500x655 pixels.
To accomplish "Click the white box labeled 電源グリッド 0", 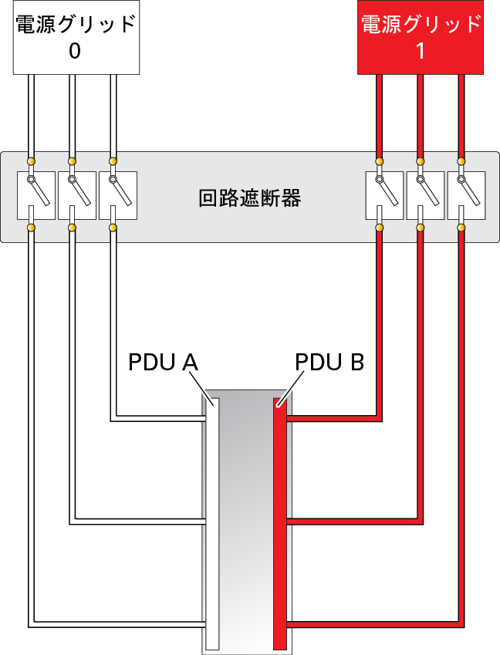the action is pyautogui.click(x=76, y=38).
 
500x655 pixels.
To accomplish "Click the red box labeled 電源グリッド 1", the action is pyautogui.click(x=421, y=38).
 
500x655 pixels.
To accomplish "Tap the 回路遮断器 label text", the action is pyautogui.click(x=249, y=198).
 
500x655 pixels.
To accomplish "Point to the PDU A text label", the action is pyautogui.click(x=163, y=362).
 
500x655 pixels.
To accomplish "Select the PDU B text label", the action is pyautogui.click(x=329, y=362).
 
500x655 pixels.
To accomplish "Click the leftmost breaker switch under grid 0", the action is pyautogui.click(x=36, y=195).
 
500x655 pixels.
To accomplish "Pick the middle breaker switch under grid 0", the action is pyautogui.click(x=77, y=195).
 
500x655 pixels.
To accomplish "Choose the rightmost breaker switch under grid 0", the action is pyautogui.click(x=118, y=195).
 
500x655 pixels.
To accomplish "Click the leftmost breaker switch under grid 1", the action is pyautogui.click(x=384, y=195).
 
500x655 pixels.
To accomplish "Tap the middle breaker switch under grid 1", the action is pyautogui.click(x=425, y=195).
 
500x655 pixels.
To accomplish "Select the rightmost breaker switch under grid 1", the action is pyautogui.click(x=466, y=195).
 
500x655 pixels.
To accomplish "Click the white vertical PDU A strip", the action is pyautogui.click(x=213, y=525).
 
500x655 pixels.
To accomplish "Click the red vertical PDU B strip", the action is pyautogui.click(x=280, y=525).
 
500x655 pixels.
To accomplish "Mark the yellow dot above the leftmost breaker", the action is pyautogui.click(x=31, y=161).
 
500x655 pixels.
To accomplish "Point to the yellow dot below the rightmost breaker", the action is pyautogui.click(x=461, y=228).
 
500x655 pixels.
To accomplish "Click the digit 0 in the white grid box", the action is pyautogui.click(x=75, y=52).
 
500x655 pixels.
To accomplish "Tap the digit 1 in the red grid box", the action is pyautogui.click(x=421, y=52).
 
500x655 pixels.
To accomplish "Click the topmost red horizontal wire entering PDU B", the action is pyautogui.click(x=334, y=419).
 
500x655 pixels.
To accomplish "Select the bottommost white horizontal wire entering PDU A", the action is pyautogui.click(x=117, y=624).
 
